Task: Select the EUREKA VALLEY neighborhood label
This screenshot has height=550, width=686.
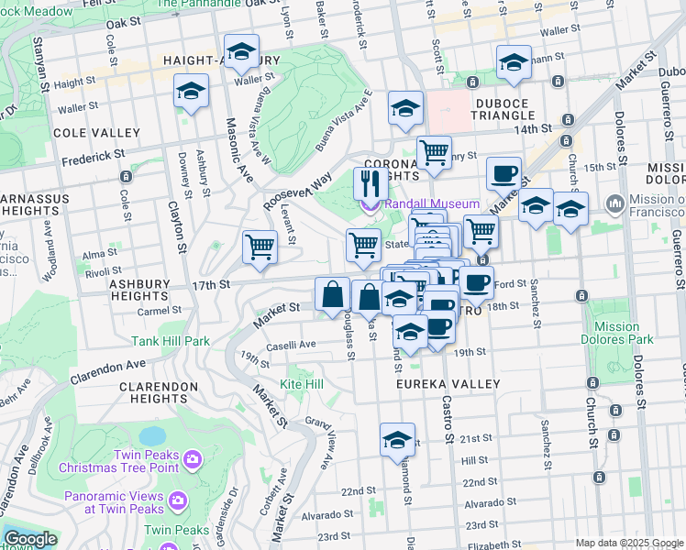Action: click(448, 384)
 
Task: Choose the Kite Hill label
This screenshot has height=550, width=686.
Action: click(302, 383)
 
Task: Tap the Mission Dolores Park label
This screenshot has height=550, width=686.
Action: click(616, 333)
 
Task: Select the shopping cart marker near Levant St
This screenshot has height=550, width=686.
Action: click(260, 246)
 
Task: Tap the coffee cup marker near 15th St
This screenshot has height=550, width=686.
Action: click(503, 172)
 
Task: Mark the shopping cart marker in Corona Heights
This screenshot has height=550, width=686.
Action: click(434, 150)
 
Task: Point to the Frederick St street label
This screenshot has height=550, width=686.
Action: click(93, 158)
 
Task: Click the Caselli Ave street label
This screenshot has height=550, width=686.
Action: click(291, 345)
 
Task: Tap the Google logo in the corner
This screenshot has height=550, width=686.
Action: click(29, 539)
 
